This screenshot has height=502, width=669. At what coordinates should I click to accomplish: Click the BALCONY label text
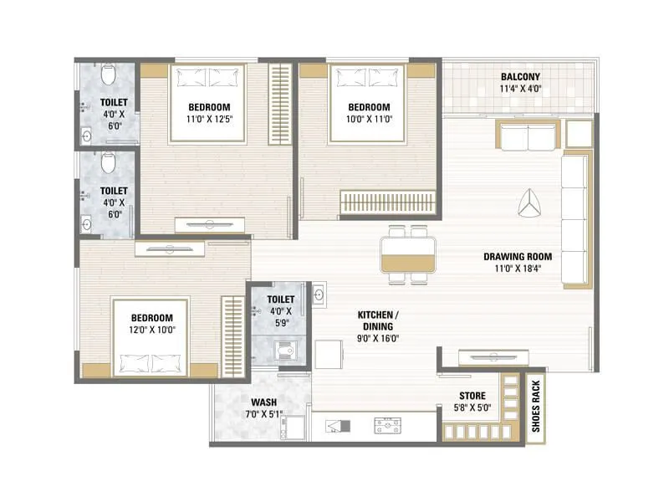[x=520, y=76]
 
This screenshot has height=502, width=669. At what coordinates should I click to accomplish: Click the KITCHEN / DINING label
[x=378, y=319]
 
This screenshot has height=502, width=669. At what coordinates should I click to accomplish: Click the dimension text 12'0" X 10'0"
[x=151, y=330]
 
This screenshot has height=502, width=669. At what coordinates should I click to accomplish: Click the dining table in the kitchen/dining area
[x=408, y=253]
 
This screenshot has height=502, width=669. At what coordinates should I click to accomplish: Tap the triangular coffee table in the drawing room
[x=529, y=203]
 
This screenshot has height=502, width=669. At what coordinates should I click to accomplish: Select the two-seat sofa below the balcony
[x=528, y=136]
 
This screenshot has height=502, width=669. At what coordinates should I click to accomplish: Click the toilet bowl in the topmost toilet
[x=107, y=77]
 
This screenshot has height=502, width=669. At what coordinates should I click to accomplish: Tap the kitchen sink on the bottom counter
[x=388, y=426]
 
